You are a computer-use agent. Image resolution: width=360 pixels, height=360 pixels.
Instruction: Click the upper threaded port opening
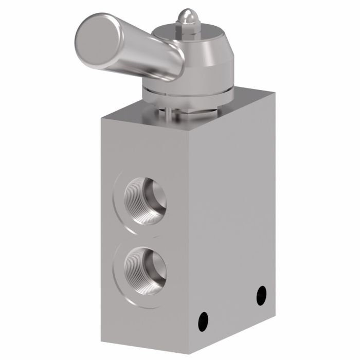click(x=145, y=201)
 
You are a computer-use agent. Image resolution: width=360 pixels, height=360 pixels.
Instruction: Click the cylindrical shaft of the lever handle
click(x=149, y=57)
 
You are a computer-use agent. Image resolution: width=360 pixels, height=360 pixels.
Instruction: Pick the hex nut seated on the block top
click(x=206, y=111)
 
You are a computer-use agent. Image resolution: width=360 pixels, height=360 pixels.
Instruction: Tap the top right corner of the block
click(x=275, y=94)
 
